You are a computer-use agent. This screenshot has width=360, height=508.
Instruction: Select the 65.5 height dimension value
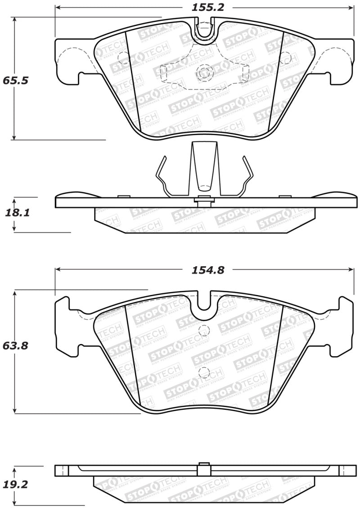click(x=15, y=81)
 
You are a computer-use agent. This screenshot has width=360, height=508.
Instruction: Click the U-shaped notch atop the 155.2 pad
click(x=205, y=32)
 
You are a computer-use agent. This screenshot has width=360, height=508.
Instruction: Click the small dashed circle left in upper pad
click(x=122, y=58)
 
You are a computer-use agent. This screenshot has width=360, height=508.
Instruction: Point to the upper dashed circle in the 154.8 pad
click(x=205, y=329)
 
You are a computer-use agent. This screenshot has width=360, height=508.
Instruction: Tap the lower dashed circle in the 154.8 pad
click(x=205, y=372)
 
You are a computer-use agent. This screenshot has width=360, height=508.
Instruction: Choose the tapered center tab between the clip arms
click(x=205, y=169)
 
